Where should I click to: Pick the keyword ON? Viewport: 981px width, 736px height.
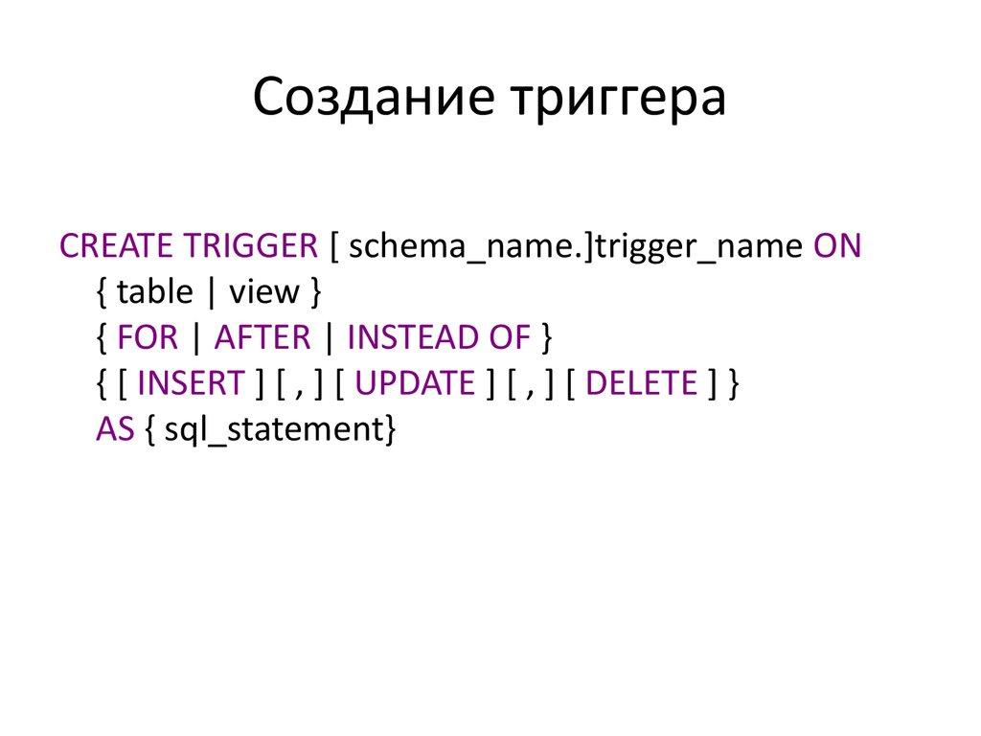tap(838, 246)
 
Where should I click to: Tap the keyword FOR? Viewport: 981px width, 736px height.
tap(146, 338)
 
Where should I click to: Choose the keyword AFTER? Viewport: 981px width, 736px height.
tap(262, 338)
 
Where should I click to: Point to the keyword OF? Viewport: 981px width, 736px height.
tap(509, 338)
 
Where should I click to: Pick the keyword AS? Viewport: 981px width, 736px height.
tap(115, 430)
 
